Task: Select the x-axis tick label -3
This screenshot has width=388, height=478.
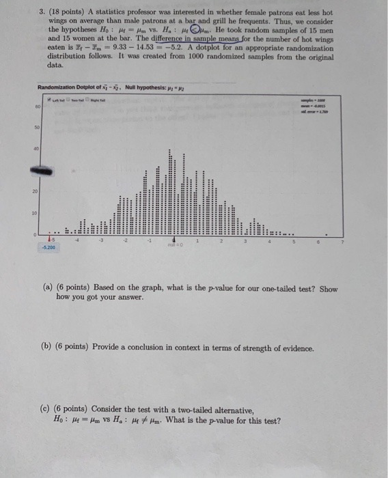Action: coord(102,240)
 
